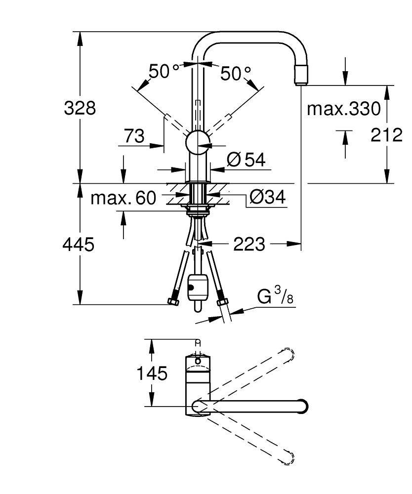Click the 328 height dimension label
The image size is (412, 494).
80,108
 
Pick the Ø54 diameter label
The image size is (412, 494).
246,160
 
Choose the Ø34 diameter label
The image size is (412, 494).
267,198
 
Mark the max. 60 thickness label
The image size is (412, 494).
123,199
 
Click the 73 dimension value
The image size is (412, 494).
134,136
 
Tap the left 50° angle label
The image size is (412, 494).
165,73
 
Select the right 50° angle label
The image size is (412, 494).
236,74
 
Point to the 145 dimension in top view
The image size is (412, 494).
152,373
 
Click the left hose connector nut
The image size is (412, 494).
173,300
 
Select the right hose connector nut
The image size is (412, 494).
222,301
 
